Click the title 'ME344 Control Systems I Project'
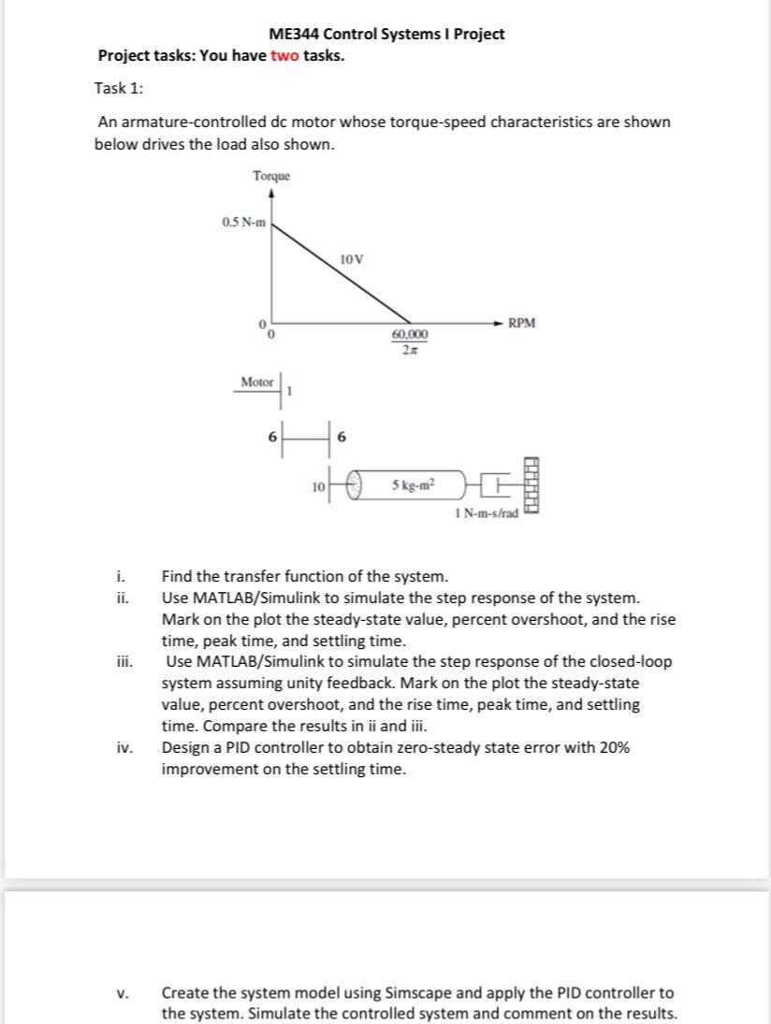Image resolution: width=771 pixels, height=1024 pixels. [386, 34]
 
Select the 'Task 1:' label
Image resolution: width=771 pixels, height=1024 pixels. [119, 88]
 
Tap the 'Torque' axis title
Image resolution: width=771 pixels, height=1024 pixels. [271, 176]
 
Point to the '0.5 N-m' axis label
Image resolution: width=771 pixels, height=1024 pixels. [243, 222]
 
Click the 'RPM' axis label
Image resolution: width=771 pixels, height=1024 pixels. [522, 324]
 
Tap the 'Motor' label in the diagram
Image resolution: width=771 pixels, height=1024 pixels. [256, 382]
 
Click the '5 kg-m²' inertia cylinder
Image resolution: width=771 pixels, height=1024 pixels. [412, 486]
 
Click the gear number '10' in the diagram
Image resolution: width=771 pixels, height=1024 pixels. [318, 487]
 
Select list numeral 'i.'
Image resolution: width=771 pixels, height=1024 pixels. [122, 576]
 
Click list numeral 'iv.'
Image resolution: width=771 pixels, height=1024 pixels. [124, 748]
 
